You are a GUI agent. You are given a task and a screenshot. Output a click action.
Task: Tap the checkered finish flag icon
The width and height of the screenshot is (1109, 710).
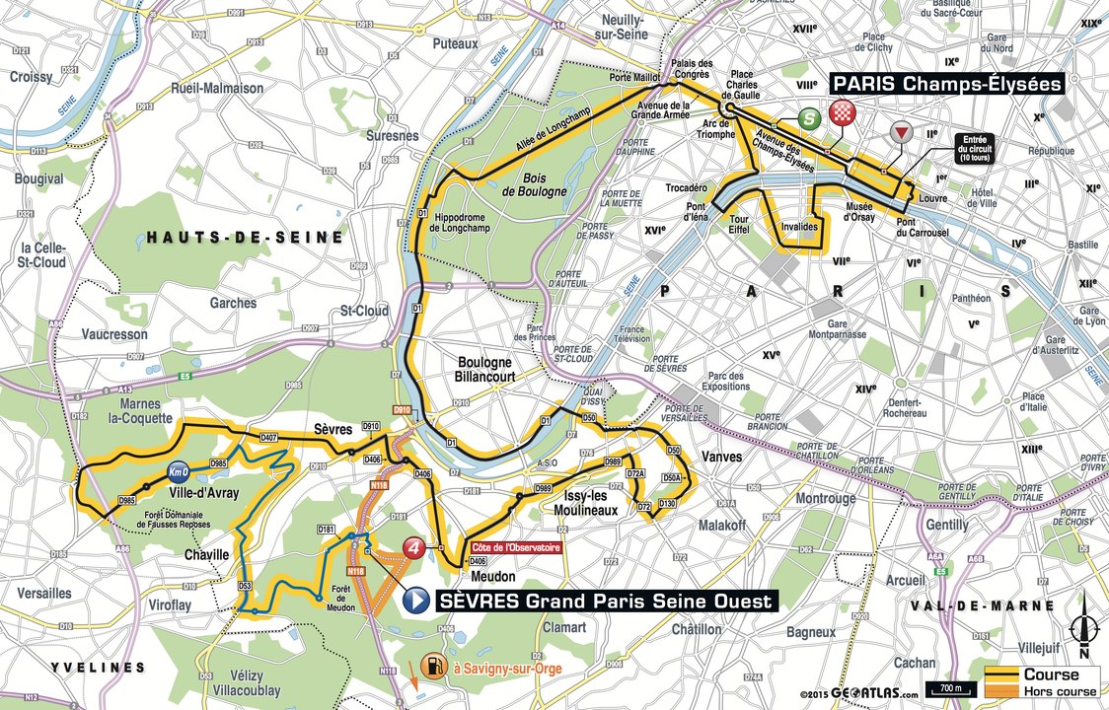(842, 111)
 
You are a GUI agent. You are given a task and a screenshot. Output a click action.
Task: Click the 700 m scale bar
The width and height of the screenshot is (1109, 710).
(945, 687)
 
